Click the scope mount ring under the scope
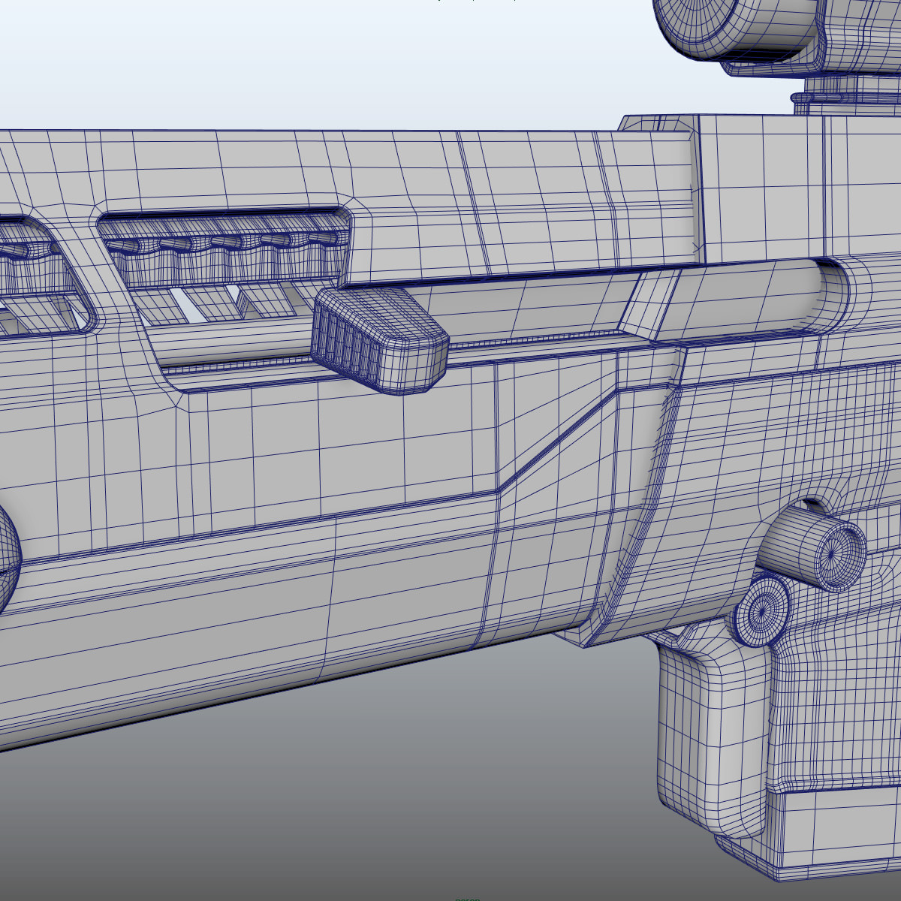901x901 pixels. click(x=826, y=99)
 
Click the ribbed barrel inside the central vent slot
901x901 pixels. click(x=225, y=255)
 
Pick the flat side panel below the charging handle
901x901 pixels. click(x=338, y=450)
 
